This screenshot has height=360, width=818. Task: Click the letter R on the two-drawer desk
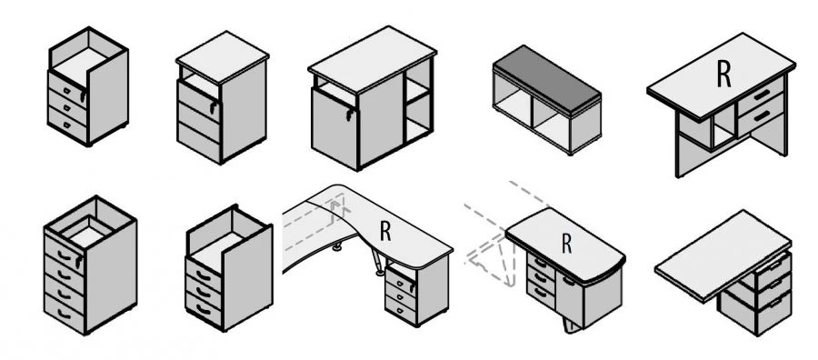pos(723,74)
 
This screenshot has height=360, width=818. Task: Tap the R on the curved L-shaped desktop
pos(385,231)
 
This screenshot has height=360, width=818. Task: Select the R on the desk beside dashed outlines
pos(566,243)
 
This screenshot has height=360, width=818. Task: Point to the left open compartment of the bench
pos(514,104)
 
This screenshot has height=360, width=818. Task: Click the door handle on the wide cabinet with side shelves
pos(349,115)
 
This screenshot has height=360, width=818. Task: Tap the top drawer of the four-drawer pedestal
pos(64,249)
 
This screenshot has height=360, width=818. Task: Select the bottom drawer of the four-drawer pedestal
pos(64,312)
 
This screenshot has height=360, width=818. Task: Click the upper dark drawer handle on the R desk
pos(761,95)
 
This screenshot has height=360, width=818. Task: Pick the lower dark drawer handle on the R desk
pos(762,115)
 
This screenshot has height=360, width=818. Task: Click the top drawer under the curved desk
pos(401,282)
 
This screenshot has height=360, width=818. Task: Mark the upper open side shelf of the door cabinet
pos(418,83)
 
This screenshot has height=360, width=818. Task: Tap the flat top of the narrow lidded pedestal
pos(223,56)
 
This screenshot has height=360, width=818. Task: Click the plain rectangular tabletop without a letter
pos(723,255)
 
